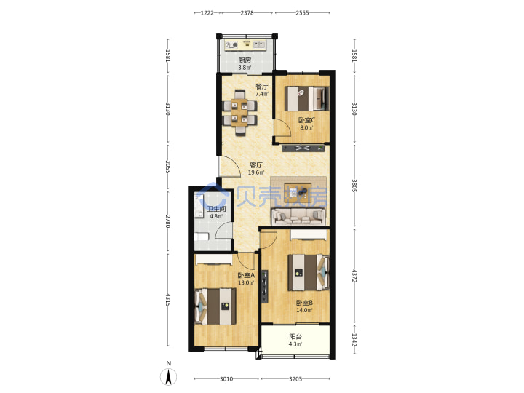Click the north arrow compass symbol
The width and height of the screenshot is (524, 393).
pyautogui.click(x=169, y=377)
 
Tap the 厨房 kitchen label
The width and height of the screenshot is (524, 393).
pyautogui.click(x=245, y=60)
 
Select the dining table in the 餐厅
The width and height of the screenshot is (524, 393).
pyautogui.click(x=239, y=113)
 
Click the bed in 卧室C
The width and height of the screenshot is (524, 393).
pyautogui.click(x=307, y=98)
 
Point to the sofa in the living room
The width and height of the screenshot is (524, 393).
pyautogui.click(x=298, y=217)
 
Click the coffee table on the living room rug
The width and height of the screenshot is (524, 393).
pyautogui.click(x=298, y=192)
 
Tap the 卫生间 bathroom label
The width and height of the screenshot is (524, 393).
pyautogui.click(x=216, y=209)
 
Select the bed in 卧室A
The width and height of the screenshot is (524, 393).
pyautogui.click(x=216, y=306)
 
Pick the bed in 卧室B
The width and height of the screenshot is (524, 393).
pyautogui.click(x=309, y=272)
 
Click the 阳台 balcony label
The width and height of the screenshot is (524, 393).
pyautogui.click(x=295, y=337)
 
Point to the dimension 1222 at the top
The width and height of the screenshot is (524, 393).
pyautogui.click(x=207, y=13)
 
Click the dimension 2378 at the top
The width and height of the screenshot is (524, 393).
pyautogui.click(x=247, y=13)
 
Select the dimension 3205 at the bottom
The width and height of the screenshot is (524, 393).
pyautogui.click(x=295, y=379)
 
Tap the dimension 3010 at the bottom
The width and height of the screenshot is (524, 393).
pyautogui.click(x=226, y=379)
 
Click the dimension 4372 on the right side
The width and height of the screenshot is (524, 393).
pyautogui.click(x=354, y=276)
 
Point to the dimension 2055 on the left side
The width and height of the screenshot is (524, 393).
pyautogui.click(x=168, y=167)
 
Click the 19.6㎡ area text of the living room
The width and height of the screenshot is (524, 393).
pyautogui.click(x=256, y=172)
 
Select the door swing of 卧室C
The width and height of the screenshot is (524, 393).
pyautogui.click(x=282, y=127)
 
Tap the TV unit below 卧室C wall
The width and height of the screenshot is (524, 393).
pyautogui.click(x=303, y=148)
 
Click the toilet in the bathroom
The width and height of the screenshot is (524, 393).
pyautogui.click(x=202, y=237)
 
